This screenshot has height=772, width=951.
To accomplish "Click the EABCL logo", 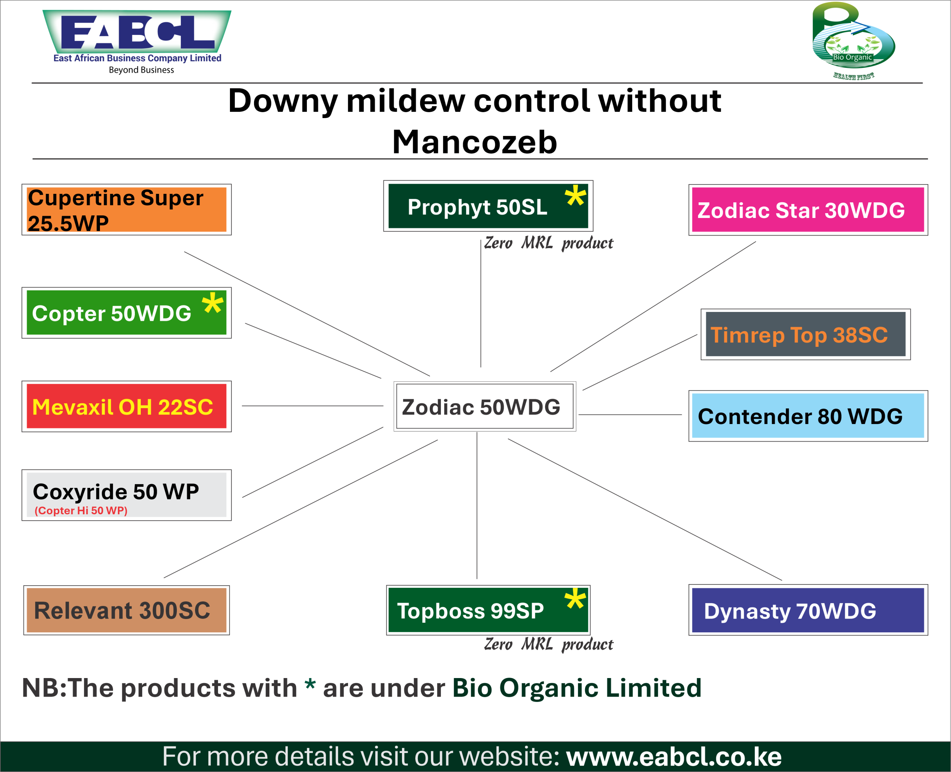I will pos(137,36).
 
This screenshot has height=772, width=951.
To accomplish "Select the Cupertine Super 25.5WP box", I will pos(127,209).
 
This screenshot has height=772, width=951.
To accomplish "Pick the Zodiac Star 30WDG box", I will pos(808,210).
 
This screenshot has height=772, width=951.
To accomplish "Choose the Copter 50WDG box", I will pos(127,313).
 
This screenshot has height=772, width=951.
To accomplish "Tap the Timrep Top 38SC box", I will pos(805,335).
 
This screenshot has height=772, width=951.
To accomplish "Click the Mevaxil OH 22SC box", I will pos(127,406).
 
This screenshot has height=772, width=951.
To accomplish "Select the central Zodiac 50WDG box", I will pos(484,406).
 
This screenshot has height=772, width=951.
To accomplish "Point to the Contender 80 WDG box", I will pos(808,416).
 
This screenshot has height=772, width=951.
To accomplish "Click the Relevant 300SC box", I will pos(126,610).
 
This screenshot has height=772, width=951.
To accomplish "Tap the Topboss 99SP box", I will pos(488,610).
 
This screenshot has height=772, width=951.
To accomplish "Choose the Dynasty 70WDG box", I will pos(808,610).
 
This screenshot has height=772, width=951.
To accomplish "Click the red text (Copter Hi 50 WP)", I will pos(81,511).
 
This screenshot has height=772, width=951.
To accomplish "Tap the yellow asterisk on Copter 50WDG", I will pos(212,303).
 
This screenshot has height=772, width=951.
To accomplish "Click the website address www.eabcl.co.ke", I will pos(674,756).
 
